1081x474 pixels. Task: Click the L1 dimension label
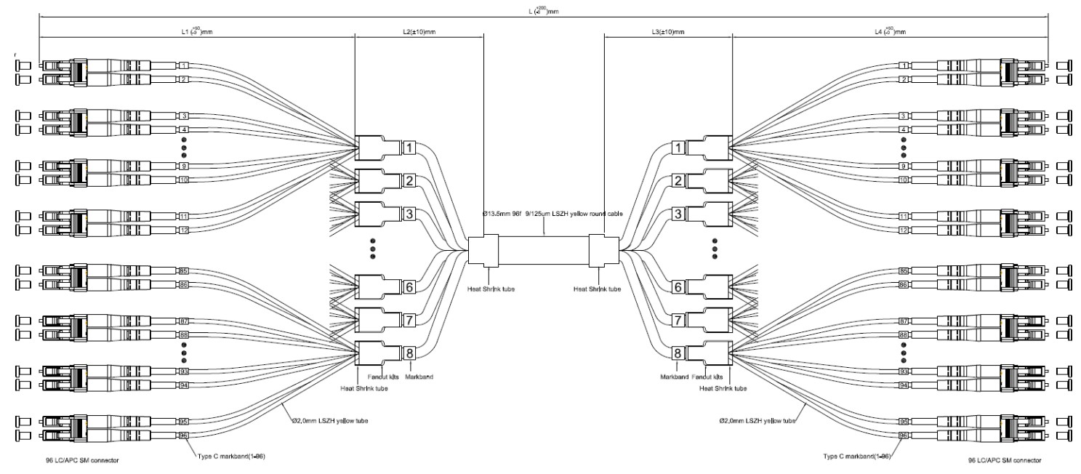(x=196, y=32)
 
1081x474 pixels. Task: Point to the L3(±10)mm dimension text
(x=668, y=32)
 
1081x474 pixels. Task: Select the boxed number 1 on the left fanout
(x=409, y=148)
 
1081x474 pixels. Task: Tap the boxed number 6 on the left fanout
(x=409, y=286)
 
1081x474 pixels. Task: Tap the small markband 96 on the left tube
(x=184, y=435)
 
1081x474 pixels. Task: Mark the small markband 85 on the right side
(x=904, y=271)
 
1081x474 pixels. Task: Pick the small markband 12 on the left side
(x=184, y=230)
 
